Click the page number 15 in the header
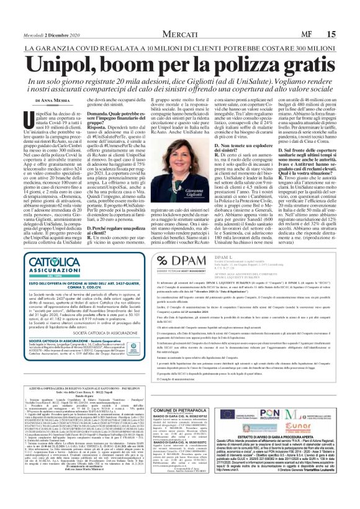pos(348,16)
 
